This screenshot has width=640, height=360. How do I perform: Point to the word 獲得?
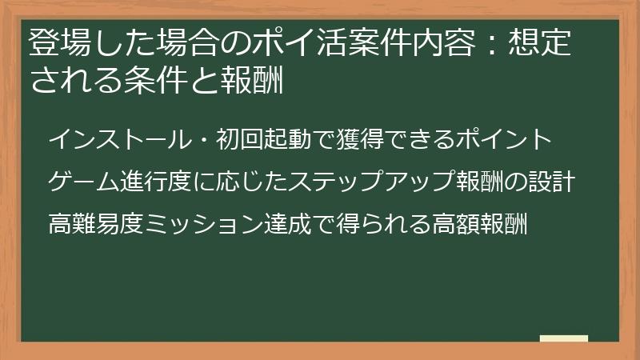tap(348, 141)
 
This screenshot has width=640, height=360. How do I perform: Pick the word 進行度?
tap(157, 182)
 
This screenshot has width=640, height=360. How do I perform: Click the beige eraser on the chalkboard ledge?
tap(564, 338)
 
